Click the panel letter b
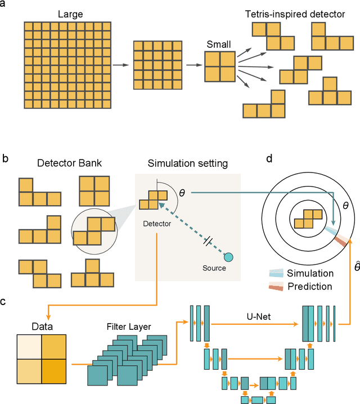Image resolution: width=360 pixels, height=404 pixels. click(x=5, y=158)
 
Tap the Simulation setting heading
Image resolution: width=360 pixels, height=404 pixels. click(x=187, y=164)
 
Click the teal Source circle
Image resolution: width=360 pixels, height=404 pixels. click(x=229, y=257)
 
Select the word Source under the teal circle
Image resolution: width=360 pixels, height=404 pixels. click(x=214, y=268)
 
